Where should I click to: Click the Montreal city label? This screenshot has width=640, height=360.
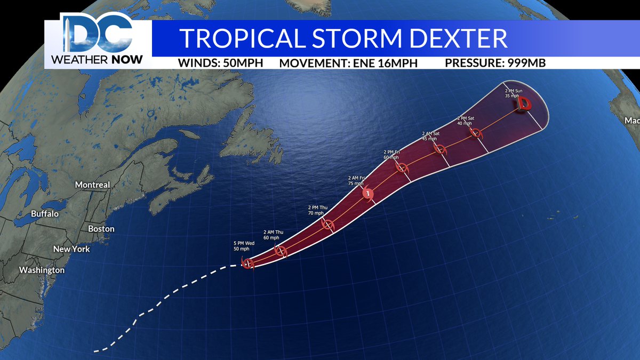(x=92, y=185)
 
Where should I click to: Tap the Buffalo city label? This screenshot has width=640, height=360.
(x=45, y=213)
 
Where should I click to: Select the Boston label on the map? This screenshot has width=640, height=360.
(x=101, y=229)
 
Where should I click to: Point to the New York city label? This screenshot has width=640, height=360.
(x=71, y=249)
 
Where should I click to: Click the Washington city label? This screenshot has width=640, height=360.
(x=42, y=270)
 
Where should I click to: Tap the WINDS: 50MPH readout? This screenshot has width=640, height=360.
(x=221, y=63)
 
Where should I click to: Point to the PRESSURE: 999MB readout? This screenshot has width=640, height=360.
(x=495, y=63)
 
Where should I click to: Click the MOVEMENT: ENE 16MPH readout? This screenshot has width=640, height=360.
(x=348, y=63)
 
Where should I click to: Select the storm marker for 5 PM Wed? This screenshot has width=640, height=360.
(x=247, y=263)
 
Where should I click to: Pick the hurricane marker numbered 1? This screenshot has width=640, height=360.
(x=368, y=193)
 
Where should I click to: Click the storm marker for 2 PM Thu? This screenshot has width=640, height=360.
(x=327, y=225)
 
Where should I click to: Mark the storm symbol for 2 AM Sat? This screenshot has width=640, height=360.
(x=440, y=149)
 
